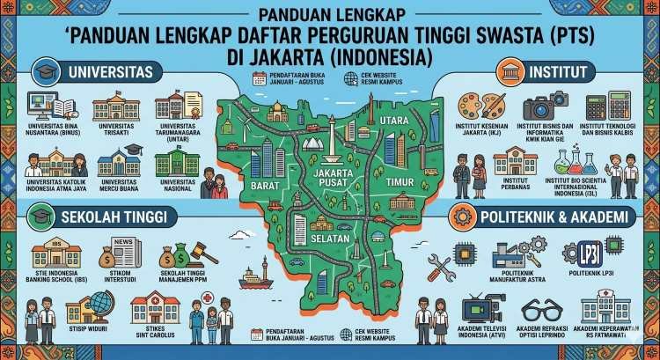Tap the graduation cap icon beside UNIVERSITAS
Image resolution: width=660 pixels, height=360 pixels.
(x=41, y=70)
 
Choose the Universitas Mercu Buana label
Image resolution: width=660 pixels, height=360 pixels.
(x=120, y=184)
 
